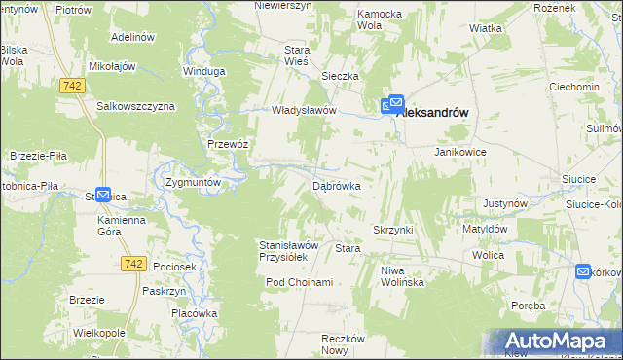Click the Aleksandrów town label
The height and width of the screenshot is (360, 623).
point(434,113)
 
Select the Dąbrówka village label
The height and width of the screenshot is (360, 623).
point(337,185)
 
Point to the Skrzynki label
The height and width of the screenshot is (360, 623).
point(393,229)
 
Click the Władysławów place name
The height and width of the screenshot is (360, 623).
point(304,110)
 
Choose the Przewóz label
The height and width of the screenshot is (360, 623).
point(229,143)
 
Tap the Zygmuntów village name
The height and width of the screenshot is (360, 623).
point(196,182)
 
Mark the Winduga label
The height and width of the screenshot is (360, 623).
point(204,71)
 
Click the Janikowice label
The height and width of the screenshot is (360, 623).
point(460,153)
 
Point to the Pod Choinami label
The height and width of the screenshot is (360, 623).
point(300,282)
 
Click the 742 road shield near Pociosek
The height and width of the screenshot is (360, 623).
point(134,264)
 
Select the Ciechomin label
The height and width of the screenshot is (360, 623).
point(574,87)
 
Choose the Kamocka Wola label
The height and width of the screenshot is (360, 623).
point(380,20)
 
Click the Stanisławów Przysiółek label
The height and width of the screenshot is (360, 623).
point(282,251)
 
